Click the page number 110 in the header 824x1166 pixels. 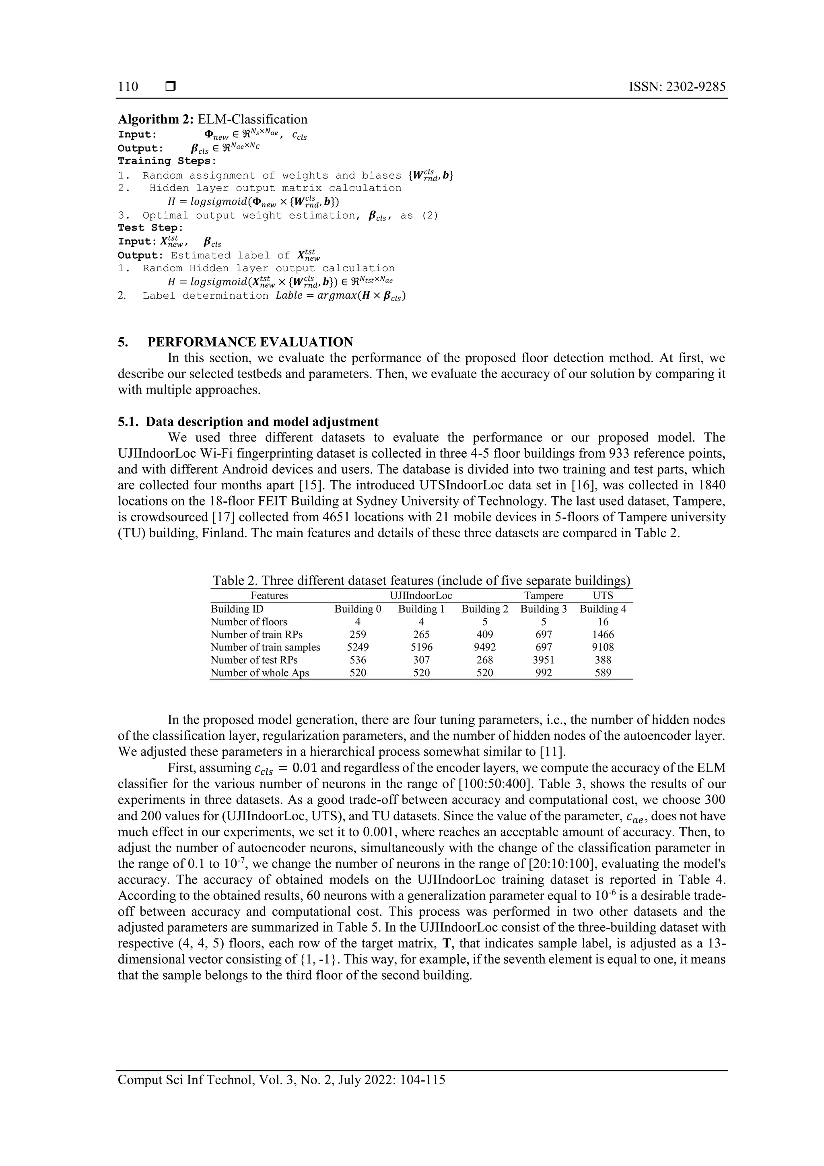click(128, 87)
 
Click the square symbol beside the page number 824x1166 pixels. click(171, 87)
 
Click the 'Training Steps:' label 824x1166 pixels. click(167, 161)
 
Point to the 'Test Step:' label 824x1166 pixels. click(150, 228)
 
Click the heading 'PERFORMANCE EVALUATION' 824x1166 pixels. click(250, 342)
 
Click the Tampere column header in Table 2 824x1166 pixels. click(544, 596)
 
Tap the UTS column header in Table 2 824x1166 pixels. click(603, 596)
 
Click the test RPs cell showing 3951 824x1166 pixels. click(544, 660)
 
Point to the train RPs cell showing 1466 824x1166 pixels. click(603, 634)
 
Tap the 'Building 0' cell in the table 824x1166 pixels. click(358, 609)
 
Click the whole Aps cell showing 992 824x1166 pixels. click(544, 673)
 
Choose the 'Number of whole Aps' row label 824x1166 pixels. click(260, 673)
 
